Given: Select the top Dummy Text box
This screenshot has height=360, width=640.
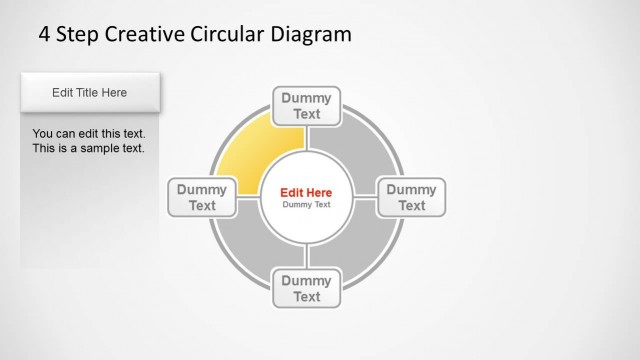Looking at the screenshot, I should click(x=307, y=106).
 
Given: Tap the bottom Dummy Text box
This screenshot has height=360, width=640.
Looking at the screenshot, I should click(x=307, y=288).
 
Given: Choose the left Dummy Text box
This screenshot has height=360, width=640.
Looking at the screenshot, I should click(x=203, y=197).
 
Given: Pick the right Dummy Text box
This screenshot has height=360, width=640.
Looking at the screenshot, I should click(x=411, y=197).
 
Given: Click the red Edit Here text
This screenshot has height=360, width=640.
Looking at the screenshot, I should click(x=306, y=192).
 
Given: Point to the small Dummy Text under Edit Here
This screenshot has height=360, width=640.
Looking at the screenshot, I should click(x=306, y=205).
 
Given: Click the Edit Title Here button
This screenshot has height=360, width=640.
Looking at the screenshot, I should click(x=90, y=93).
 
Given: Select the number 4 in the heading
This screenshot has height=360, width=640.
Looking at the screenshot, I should click(x=44, y=35).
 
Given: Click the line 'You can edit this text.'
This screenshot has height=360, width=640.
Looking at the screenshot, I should click(x=89, y=133).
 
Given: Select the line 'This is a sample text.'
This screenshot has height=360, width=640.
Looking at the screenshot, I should click(x=88, y=148).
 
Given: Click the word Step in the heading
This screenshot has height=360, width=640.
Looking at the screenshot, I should click(x=78, y=35).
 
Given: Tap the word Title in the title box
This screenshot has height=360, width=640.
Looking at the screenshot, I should click(x=90, y=93).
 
